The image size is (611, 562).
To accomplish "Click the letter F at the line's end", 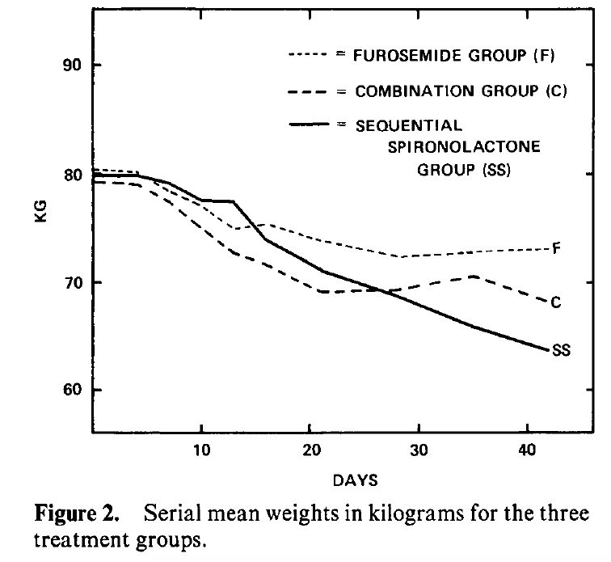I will click(556, 247).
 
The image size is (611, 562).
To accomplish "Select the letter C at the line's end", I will click(556, 302).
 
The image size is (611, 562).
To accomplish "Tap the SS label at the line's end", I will click(561, 350).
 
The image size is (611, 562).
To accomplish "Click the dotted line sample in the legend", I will click(307, 55).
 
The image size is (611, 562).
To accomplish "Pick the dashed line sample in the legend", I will click(307, 91).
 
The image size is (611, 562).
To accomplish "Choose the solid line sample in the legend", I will click(307, 125).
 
